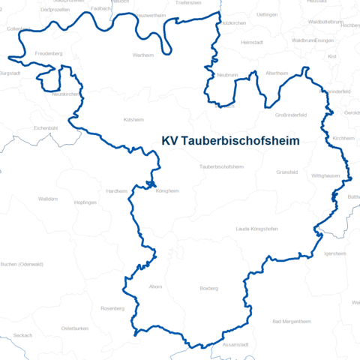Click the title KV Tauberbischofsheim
point(231,141)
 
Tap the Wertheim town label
point(143,55)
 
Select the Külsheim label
point(133,119)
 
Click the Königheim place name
point(167,190)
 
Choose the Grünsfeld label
point(286,172)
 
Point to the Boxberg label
point(208,288)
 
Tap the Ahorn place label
point(155,286)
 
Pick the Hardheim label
point(116,190)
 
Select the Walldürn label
point(47,199)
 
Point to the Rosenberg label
point(112,308)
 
